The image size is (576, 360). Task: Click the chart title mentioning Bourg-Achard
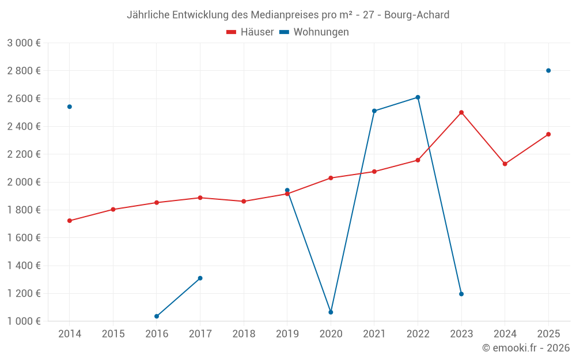(288, 15)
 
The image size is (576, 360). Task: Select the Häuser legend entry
(250, 32)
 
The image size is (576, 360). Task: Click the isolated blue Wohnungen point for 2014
(70, 107)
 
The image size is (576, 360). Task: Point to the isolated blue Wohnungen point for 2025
(548, 71)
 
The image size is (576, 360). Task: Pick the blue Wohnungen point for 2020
(331, 312)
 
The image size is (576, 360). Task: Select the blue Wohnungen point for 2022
(418, 97)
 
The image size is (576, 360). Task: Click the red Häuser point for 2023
(461, 112)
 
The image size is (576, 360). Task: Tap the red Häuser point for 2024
(505, 164)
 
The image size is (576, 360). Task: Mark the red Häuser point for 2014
(70, 221)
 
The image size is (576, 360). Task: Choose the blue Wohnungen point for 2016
(157, 316)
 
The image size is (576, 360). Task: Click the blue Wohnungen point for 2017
(200, 278)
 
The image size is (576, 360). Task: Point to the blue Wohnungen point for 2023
(461, 294)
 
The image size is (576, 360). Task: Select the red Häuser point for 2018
(244, 202)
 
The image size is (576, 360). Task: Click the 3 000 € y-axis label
(24, 43)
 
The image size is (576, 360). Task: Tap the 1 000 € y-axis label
(24, 321)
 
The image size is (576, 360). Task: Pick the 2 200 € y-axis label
(24, 154)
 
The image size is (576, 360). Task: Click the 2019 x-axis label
(287, 334)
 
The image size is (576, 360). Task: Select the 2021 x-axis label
(374, 334)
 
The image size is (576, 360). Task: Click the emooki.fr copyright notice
(525, 348)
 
